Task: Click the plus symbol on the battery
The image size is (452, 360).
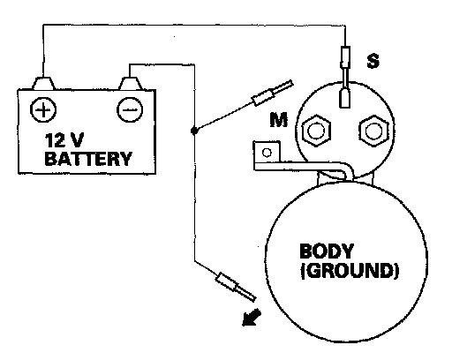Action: (43, 109)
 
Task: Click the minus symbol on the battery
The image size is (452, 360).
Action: (130, 109)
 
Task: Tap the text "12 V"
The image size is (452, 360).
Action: (64, 140)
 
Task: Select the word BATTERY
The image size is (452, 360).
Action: (88, 159)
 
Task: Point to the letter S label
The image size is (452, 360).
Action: (373, 61)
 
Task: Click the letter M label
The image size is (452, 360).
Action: (278, 119)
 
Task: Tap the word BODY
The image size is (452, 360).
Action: (326, 251)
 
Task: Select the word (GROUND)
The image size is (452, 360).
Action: (350, 270)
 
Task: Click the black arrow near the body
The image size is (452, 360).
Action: (251, 318)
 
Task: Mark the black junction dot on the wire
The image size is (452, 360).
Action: (193, 131)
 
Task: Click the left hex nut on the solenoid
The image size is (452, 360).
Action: (316, 131)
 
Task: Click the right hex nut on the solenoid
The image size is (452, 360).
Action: (373, 131)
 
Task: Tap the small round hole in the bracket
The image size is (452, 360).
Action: (267, 153)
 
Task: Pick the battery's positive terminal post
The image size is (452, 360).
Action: (43, 83)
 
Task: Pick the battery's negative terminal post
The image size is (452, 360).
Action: (130, 83)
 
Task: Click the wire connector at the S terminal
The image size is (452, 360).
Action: (345, 57)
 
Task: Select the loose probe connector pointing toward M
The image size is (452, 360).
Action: (273, 92)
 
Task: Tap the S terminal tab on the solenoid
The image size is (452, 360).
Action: (345, 98)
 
